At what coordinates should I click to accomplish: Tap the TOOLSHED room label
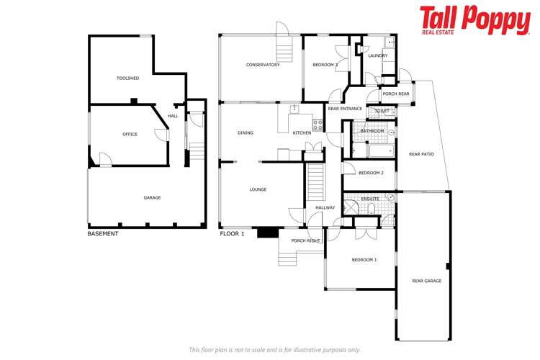(x=127, y=78)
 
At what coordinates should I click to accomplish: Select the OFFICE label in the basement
(x=130, y=134)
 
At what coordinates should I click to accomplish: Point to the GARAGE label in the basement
(x=152, y=197)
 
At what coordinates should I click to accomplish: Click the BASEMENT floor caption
(x=103, y=234)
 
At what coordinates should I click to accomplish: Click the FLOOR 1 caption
(x=232, y=234)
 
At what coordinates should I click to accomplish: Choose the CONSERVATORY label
(x=262, y=65)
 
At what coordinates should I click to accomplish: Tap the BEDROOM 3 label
(x=325, y=65)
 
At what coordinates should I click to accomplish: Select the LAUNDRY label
(x=377, y=55)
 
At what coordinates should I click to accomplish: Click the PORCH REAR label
(x=396, y=94)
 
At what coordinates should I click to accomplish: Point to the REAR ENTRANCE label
(x=345, y=109)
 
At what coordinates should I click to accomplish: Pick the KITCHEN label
(x=302, y=133)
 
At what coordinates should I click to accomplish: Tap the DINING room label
(x=246, y=133)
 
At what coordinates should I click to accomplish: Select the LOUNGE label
(x=258, y=189)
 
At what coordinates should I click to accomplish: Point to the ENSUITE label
(x=370, y=198)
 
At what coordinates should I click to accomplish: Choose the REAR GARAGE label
(x=426, y=281)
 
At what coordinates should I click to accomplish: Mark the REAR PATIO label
(x=421, y=154)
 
